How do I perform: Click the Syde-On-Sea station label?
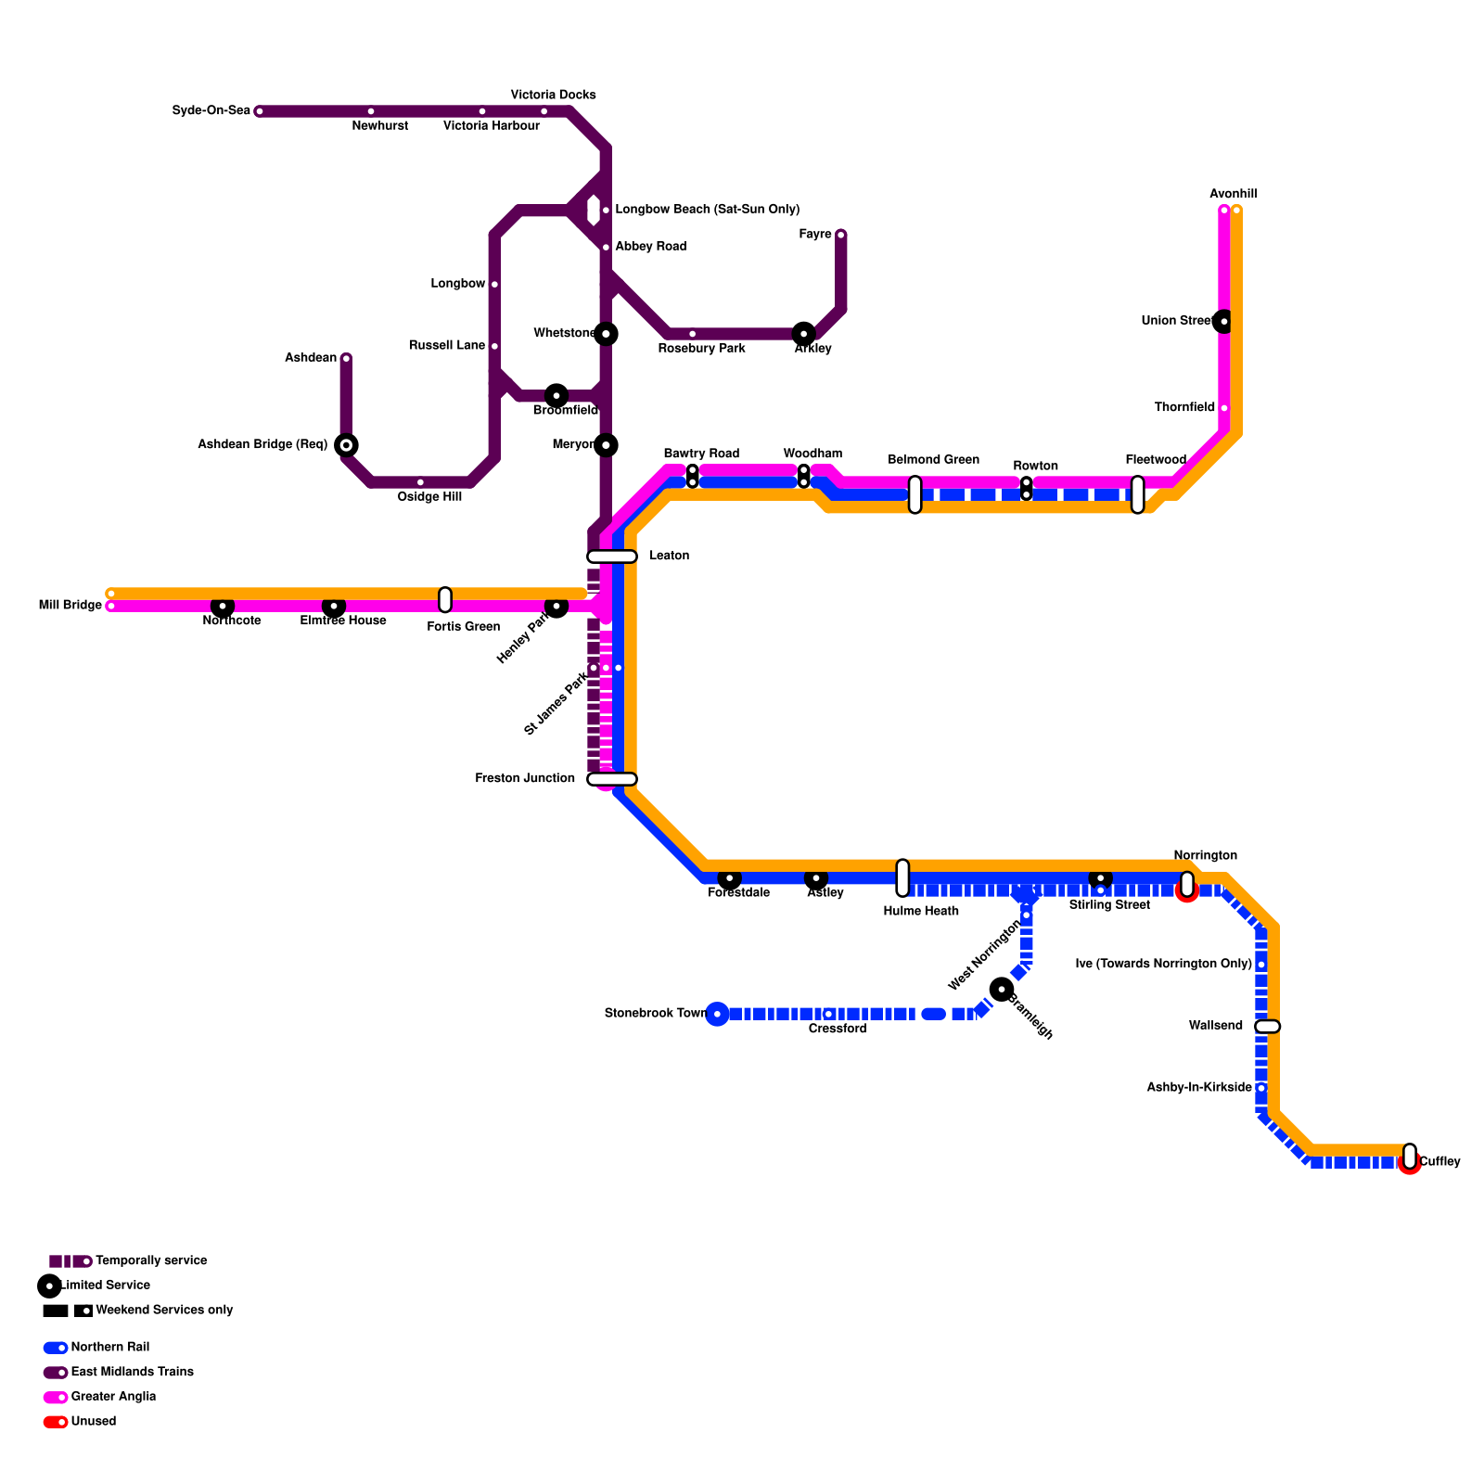point(211,111)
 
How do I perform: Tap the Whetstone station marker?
point(606,334)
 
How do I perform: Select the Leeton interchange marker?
point(612,556)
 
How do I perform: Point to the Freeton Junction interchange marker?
point(612,779)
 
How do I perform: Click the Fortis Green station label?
point(463,627)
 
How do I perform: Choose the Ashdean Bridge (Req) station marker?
point(346,445)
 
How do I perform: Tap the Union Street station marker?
point(1224,321)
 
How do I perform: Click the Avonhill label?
point(1233,195)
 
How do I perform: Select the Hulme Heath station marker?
point(902,877)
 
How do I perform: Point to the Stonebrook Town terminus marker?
point(717,1014)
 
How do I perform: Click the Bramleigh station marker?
point(1002,990)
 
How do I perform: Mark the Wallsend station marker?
point(1268,1026)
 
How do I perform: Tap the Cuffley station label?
point(1439,1162)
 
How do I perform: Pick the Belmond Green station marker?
point(915,494)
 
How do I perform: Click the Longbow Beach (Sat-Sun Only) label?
point(707,210)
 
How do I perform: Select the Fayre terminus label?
point(815,235)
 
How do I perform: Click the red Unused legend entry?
point(93,1422)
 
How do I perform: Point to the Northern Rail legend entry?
point(109,1348)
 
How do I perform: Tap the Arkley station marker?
point(804,334)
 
